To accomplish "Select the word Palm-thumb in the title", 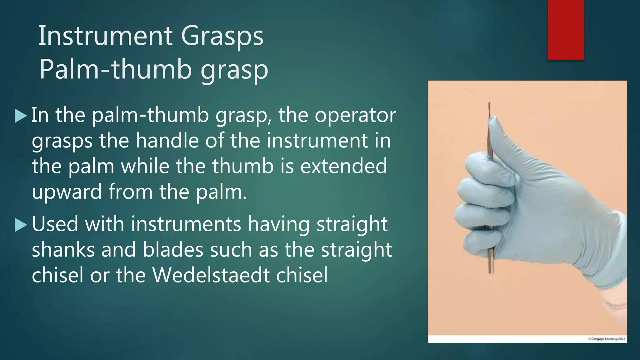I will coord(115,69).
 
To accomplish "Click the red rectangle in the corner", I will coord(566,30).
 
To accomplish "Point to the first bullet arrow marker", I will coord(21,116).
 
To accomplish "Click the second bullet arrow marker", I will coord(21,225).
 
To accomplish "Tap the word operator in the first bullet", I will coord(355,116).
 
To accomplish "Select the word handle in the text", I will coord(167,141).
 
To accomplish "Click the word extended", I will coord(343,166).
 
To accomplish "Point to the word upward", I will coord(67,192).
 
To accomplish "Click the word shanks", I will coord(63,250).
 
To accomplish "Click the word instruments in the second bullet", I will coord(186,224).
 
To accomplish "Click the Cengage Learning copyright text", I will coord(606,338).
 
